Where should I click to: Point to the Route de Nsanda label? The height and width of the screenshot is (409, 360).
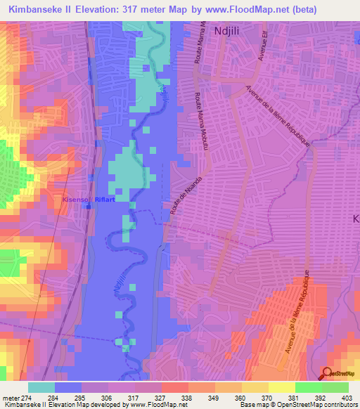tap(181, 202)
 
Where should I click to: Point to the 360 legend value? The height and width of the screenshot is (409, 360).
tap(252, 397)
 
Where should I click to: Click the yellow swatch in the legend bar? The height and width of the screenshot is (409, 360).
tap(281, 387)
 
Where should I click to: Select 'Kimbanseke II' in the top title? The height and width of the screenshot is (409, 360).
tap(39, 10)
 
